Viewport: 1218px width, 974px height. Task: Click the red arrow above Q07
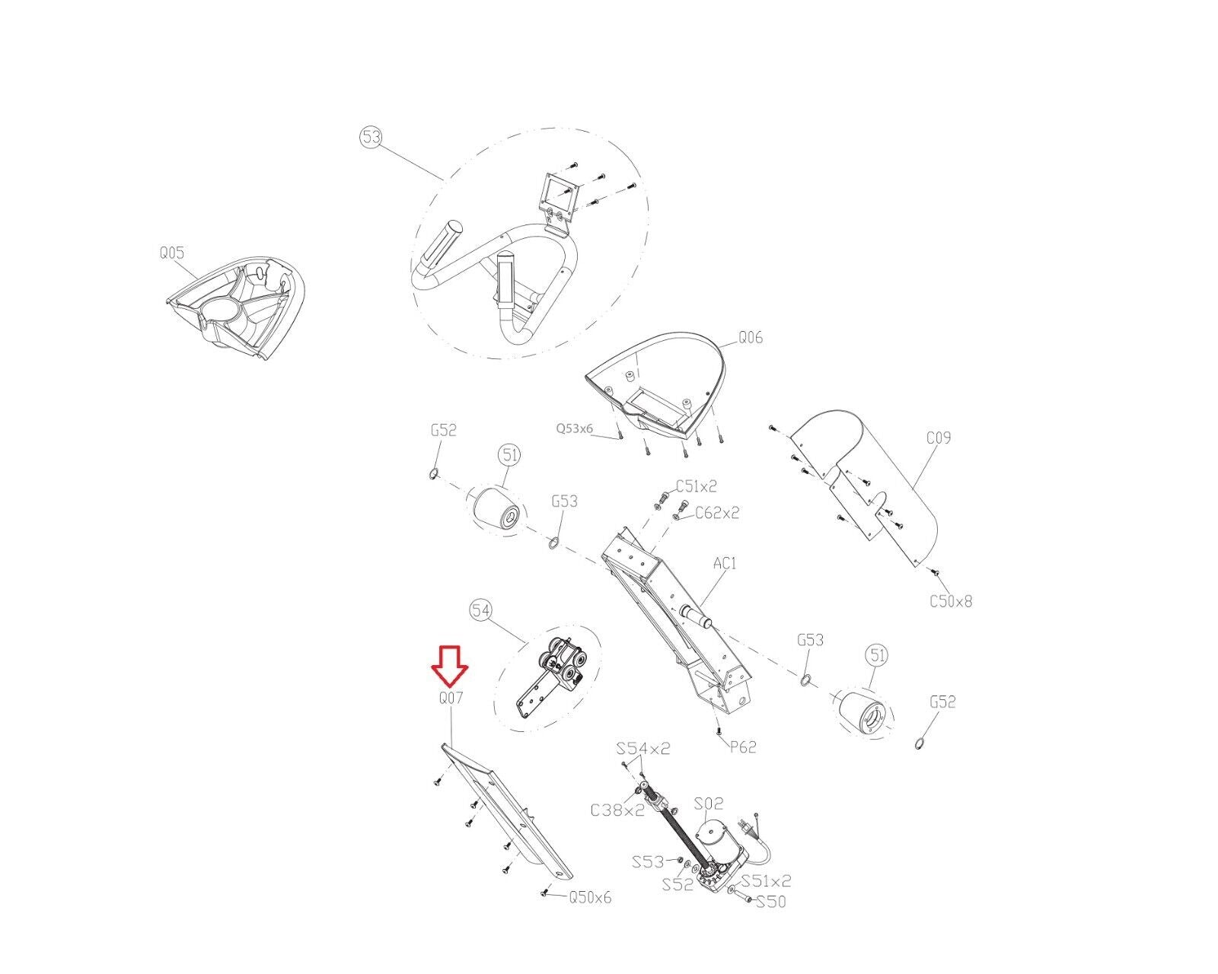(449, 667)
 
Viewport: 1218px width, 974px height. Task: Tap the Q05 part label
(171, 253)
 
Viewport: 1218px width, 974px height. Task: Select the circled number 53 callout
(371, 138)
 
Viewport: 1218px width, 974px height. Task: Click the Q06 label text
(751, 338)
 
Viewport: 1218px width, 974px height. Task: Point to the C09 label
(939, 438)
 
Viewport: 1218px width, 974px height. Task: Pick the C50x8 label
(951, 601)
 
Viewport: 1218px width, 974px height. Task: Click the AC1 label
(725, 563)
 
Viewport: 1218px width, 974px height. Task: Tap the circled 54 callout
(480, 610)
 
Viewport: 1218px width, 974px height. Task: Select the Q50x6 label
(590, 897)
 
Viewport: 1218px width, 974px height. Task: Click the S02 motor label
(709, 804)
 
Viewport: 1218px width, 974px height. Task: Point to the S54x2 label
(643, 749)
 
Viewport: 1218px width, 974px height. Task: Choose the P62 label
(742, 747)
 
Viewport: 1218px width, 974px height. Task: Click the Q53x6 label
(575, 428)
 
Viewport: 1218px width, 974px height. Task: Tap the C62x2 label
(717, 513)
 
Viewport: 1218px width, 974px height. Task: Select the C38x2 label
(617, 810)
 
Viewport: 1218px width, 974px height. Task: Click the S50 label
(771, 902)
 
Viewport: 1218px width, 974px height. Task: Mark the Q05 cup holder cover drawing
(235, 306)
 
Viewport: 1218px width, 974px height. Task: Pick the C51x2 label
(696, 486)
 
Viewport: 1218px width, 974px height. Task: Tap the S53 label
(648, 862)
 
